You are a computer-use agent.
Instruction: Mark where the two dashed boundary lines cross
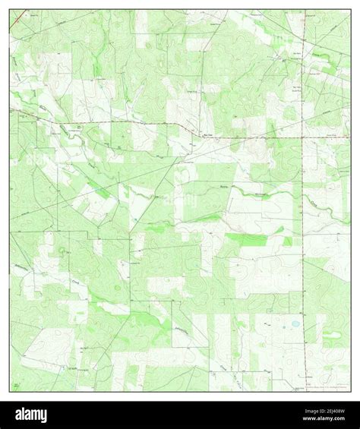pyautogui.click(x=302, y=137)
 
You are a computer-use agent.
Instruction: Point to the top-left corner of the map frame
pyautogui.click(x=10, y=10)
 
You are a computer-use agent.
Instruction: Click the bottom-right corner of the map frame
pyautogui.click(x=351, y=392)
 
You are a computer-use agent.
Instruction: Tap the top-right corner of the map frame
pyautogui.click(x=351, y=10)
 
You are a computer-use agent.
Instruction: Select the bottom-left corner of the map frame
pyautogui.click(x=10, y=392)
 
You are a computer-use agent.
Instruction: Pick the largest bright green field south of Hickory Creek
pyautogui.click(x=247, y=240)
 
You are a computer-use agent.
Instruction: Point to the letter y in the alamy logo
pyautogui.click(x=43, y=416)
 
